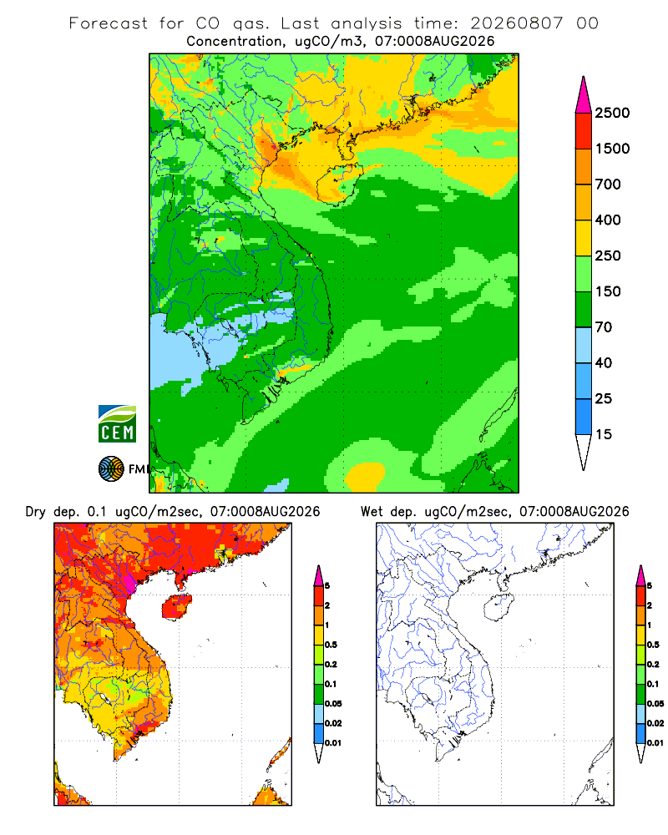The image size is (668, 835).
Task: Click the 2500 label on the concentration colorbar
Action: pyautogui.click(x=612, y=113)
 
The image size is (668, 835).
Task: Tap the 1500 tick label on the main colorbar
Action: pyautogui.click(x=612, y=149)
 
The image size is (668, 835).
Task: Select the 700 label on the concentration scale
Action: pyautogui.click(x=608, y=185)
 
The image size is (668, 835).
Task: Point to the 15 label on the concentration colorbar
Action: pyautogui.click(x=604, y=434)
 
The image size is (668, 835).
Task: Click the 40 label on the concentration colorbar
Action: pyautogui.click(x=604, y=362)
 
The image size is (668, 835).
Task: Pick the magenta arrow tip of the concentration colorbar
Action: pyautogui.click(x=584, y=94)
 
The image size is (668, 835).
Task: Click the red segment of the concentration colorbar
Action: pyautogui.click(x=584, y=131)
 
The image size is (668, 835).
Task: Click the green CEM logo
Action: pyautogui.click(x=117, y=424)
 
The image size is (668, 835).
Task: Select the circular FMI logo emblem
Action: pyautogui.click(x=111, y=469)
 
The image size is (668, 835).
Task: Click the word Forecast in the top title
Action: pyautogui.click(x=109, y=23)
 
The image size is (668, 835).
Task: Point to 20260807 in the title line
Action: pyautogui.click(x=516, y=23)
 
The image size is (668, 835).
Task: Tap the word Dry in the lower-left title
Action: pyautogui.click(x=36, y=512)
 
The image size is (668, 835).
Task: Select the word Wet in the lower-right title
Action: pyautogui.click(x=372, y=512)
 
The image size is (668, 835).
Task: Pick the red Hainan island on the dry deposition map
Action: pyautogui.click(x=176, y=607)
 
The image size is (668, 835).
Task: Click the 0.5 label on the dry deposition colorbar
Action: pyautogui.click(x=331, y=645)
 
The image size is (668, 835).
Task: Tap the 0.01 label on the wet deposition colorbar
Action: pyautogui.click(x=655, y=743)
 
